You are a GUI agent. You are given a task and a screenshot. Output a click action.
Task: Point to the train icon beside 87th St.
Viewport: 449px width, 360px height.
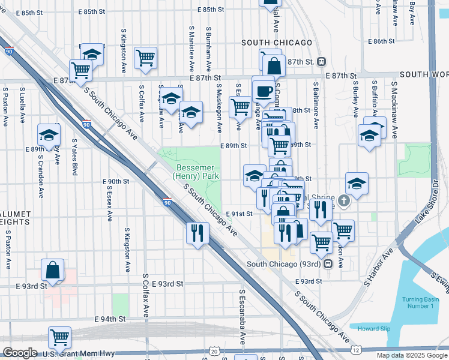click(322, 62)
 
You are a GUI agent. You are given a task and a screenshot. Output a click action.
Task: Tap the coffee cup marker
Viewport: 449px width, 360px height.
click(264, 91)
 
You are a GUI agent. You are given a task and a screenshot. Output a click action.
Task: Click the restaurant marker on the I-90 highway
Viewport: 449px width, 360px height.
click(197, 232)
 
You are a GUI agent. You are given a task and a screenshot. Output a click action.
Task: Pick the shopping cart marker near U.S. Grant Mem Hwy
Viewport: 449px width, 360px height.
click(59, 337)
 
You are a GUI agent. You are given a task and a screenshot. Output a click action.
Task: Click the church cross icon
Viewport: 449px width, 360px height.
click(344, 201)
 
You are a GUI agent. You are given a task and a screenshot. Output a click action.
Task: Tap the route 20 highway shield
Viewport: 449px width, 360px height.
click(215, 350)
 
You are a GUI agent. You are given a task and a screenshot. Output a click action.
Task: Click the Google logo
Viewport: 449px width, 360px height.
click(20, 353)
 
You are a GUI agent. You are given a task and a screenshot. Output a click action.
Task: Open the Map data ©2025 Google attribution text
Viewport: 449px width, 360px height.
click(411, 355)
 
